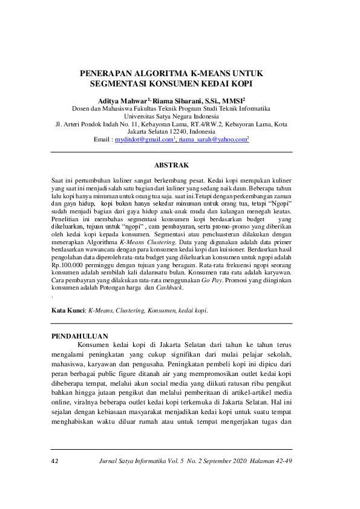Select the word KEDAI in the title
point(212,83)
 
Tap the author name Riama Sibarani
point(181,100)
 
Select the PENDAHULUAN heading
point(79,336)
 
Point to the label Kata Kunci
point(68,310)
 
